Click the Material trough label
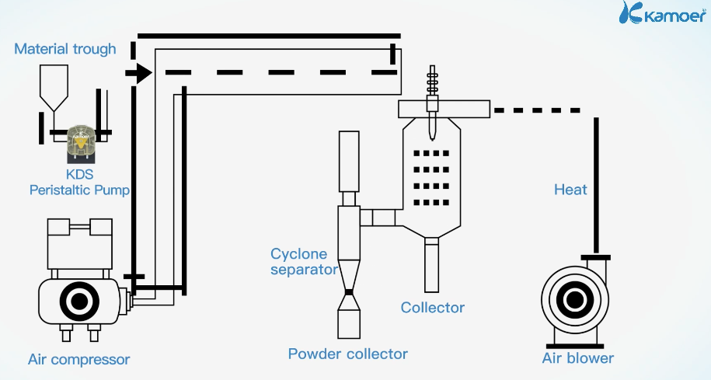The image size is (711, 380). click(x=65, y=49)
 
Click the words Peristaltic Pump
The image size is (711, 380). click(x=79, y=190)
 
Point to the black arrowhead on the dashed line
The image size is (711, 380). click(x=141, y=73)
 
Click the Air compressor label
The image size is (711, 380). click(x=78, y=359)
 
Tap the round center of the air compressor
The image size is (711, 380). click(x=78, y=301)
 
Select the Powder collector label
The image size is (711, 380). click(x=347, y=354)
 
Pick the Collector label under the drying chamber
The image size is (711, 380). click(x=432, y=308)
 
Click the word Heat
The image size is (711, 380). click(x=570, y=190)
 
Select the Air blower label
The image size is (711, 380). click(x=577, y=358)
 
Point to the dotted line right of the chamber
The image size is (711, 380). click(x=537, y=110)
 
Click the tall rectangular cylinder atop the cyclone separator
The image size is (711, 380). click(x=349, y=161)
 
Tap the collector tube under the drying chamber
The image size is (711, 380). click(x=431, y=264)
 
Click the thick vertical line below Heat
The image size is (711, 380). click(x=597, y=187)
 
